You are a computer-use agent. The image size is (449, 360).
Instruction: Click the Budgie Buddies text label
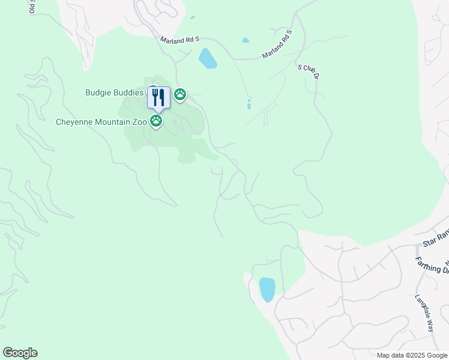tap(114, 93)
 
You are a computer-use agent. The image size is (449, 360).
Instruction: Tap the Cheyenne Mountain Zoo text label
tap(101, 122)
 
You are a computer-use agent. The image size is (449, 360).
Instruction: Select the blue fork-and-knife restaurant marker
tap(158, 97)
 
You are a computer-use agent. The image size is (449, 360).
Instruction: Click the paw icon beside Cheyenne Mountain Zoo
tap(156, 121)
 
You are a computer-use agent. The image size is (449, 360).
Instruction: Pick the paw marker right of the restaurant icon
tap(180, 94)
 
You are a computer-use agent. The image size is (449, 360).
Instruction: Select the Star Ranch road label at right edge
tap(435, 239)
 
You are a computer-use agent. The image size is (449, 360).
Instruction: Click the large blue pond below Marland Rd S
tap(207, 58)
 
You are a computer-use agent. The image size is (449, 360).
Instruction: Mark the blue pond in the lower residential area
tap(267, 289)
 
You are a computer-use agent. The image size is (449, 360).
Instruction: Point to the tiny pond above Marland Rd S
tap(245, 40)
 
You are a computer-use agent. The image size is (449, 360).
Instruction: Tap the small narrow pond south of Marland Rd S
tap(249, 104)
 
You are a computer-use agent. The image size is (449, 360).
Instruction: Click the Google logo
tap(20, 353)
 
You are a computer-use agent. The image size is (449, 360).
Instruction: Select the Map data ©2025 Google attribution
tap(412, 355)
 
